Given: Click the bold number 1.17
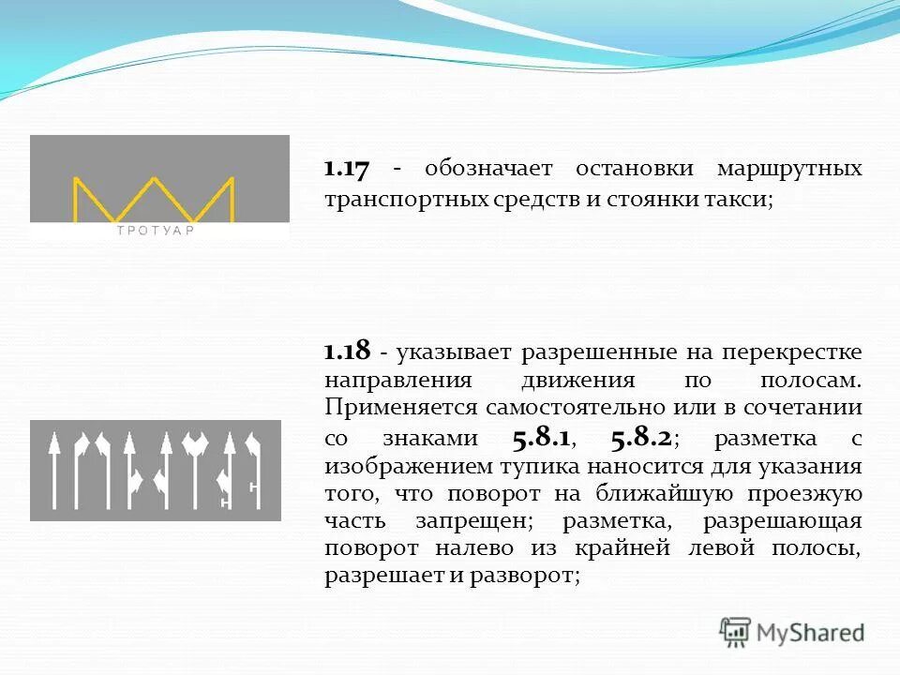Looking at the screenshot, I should (347, 170).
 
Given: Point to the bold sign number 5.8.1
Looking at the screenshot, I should (543, 438).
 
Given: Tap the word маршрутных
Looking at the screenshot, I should (789, 170).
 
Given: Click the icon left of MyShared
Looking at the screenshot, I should (736, 631).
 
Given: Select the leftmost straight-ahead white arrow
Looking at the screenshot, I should (54, 469).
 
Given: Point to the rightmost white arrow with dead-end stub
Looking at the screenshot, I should (250, 469).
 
